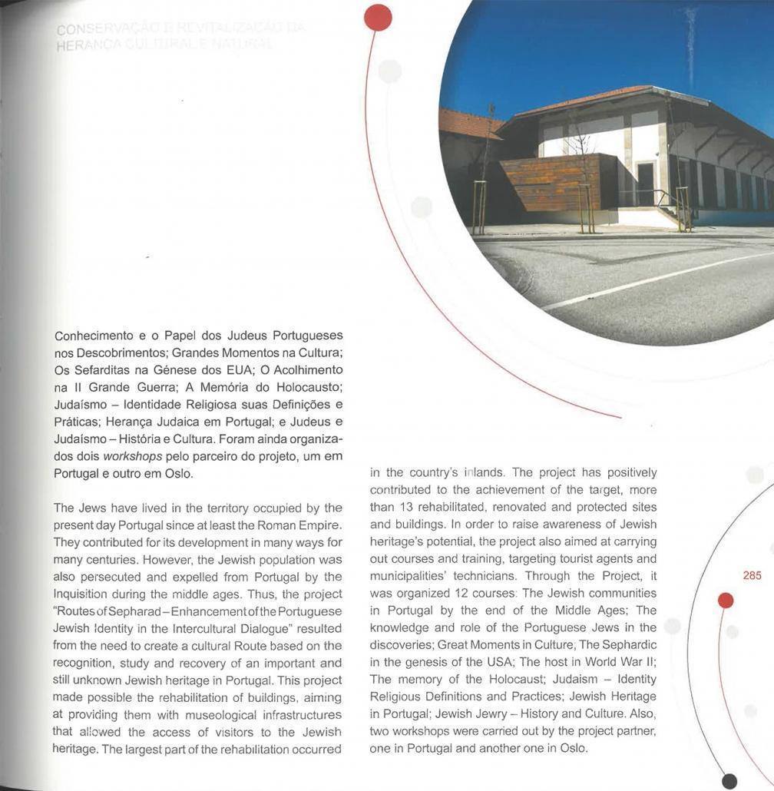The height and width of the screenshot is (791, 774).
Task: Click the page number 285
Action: coord(752,575)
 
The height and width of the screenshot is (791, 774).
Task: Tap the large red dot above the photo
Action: coord(378,17)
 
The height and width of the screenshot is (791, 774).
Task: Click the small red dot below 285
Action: coord(726,601)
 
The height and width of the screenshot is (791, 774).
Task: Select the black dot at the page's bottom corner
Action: coord(729,781)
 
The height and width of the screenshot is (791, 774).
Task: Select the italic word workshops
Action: coord(132,456)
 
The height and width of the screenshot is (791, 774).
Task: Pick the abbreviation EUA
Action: coord(233,370)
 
